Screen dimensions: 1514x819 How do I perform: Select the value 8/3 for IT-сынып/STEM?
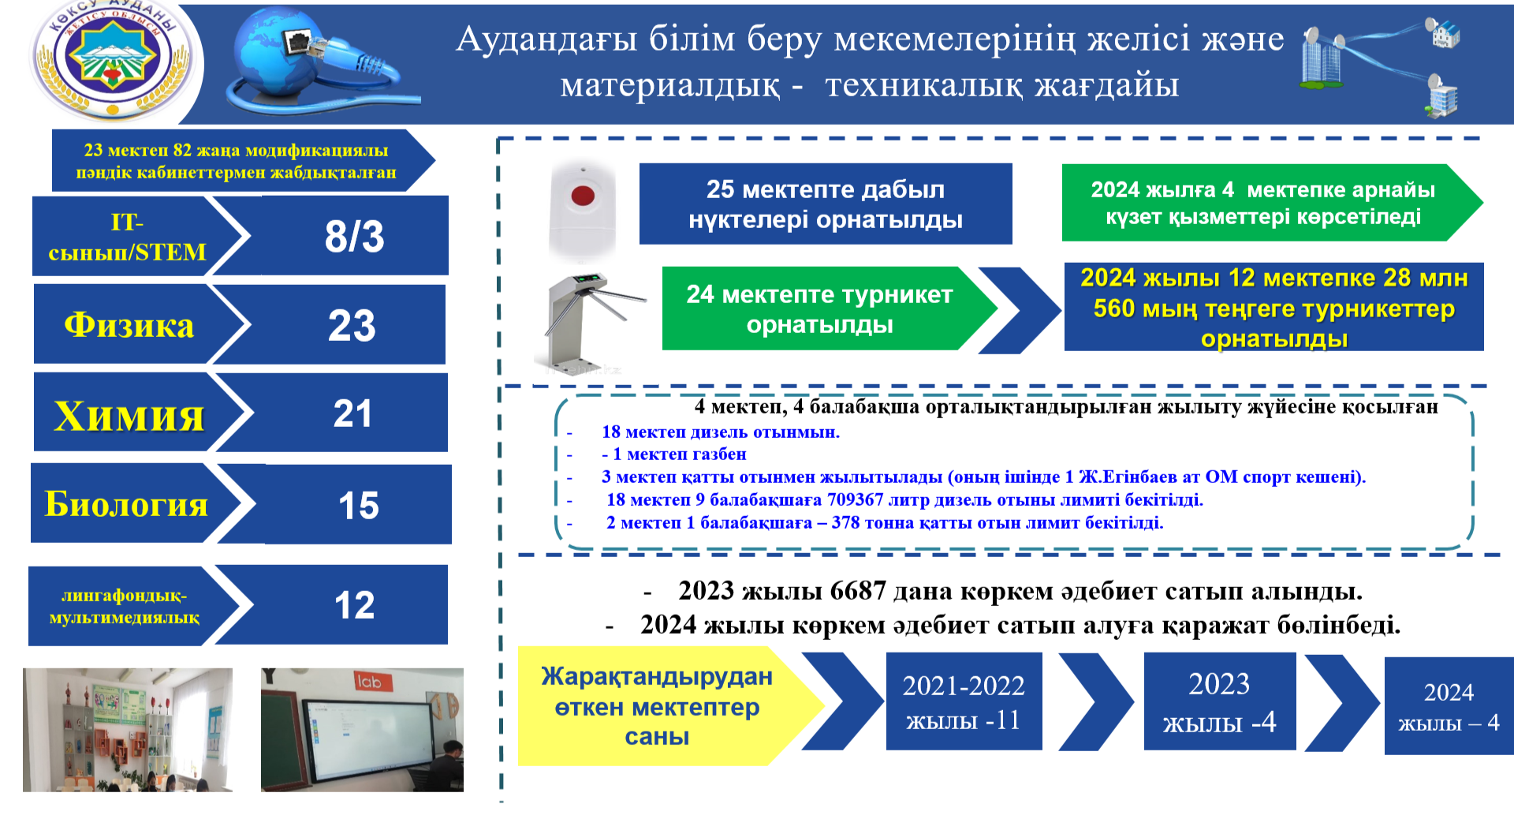354,236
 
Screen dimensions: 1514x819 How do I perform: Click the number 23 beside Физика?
352,325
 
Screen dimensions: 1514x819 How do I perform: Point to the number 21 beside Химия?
352,413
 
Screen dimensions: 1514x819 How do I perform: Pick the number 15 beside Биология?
358,505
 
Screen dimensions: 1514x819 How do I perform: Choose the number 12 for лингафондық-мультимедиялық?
354,605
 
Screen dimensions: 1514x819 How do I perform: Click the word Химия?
129,416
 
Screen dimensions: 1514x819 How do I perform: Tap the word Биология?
126,503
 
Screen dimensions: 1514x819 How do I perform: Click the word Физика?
129,325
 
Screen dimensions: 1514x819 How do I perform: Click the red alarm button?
583,195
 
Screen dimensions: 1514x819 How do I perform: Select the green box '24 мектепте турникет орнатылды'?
820,309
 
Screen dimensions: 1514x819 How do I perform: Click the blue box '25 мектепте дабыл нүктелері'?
826,204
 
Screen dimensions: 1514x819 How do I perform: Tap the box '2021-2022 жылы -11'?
964,701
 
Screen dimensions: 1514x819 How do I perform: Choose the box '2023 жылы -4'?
1220,701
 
